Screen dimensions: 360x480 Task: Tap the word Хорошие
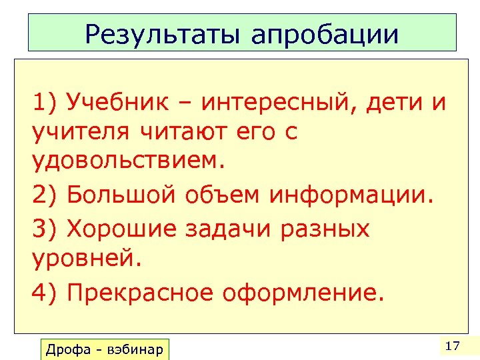coord(122,229)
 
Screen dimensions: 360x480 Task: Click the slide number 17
coord(452,346)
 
